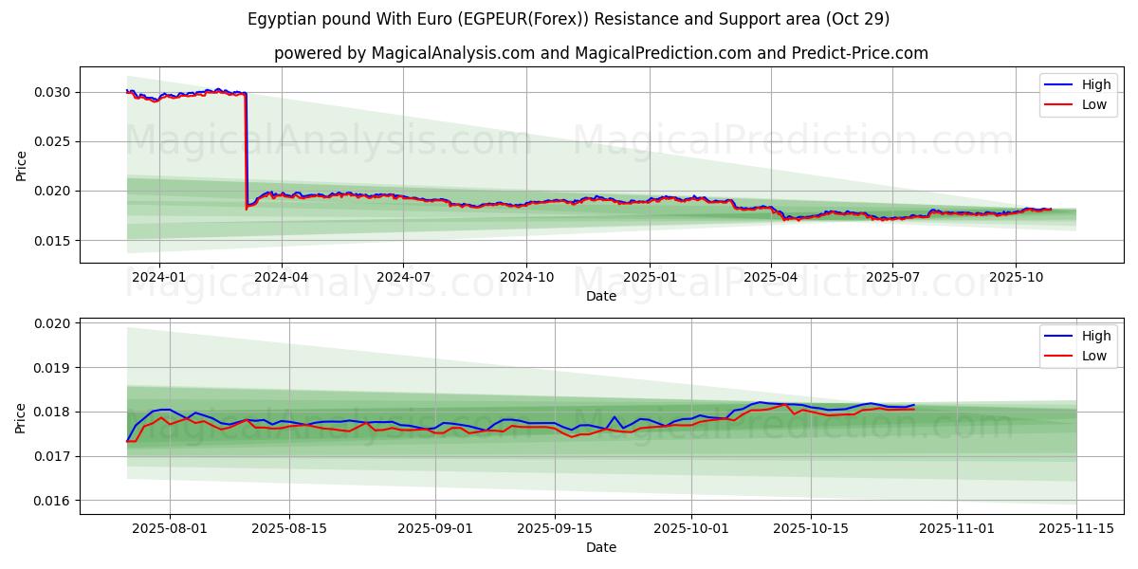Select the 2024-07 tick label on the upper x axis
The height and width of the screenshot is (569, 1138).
tap(403, 278)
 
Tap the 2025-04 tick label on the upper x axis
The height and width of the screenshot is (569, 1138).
tap(771, 278)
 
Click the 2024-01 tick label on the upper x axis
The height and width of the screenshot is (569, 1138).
tap(158, 278)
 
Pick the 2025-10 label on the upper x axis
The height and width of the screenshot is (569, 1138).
tap(1016, 278)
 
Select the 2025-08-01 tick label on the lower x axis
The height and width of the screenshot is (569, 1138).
tap(170, 529)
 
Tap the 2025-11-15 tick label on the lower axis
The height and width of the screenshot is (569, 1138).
tap(1076, 529)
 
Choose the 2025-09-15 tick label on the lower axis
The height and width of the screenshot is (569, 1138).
tap(555, 529)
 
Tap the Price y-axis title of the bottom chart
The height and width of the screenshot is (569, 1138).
tap(21, 417)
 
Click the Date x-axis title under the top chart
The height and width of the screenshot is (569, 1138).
tap(601, 296)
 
